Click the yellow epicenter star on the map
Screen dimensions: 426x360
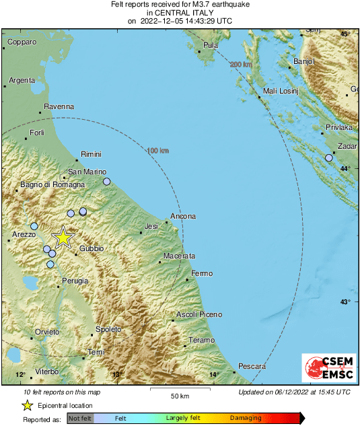(x=63, y=237)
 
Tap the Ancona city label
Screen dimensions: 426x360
(x=183, y=216)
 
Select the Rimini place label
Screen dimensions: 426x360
(x=91, y=154)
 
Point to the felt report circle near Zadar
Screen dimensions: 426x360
(x=328, y=157)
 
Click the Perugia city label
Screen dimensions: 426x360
(x=75, y=280)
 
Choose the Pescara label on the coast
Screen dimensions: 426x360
(x=252, y=366)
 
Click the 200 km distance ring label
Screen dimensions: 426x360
(x=240, y=64)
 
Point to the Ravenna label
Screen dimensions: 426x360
(x=59, y=106)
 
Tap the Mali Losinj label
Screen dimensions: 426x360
(x=279, y=91)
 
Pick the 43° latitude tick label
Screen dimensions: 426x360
(x=345, y=301)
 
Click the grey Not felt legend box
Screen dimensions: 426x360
(x=80, y=418)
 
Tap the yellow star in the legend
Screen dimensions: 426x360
(x=27, y=405)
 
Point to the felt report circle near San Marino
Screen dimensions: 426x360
(x=106, y=182)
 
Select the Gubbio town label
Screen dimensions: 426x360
(x=92, y=248)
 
